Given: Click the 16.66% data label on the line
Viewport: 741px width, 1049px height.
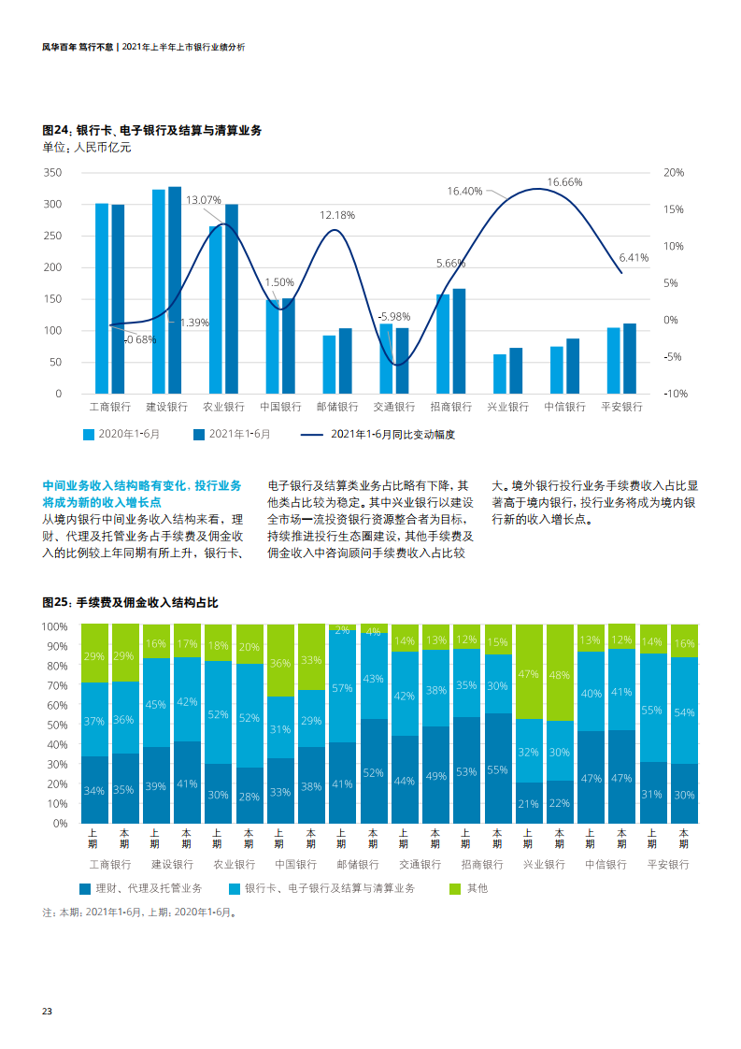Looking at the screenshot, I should point(564,182).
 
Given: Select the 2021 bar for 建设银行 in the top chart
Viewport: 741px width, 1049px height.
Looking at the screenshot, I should point(175,290).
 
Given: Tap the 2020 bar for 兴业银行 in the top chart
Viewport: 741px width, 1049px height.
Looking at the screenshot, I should point(500,373).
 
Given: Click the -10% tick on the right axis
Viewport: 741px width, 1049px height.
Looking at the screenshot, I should point(675,394).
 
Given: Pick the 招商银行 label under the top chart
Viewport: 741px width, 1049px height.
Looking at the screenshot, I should point(451,407).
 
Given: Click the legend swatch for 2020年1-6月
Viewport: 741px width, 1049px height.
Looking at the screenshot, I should point(90,434).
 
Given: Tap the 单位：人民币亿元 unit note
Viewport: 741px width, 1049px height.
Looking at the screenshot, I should point(87,147).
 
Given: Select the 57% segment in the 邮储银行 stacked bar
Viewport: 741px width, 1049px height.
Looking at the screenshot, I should point(342,688).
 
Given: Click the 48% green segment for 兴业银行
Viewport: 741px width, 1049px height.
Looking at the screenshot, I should point(559,674).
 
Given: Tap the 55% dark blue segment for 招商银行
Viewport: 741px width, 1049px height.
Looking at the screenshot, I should point(497,769).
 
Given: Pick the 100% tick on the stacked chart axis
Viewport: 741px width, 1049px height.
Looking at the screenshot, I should point(55,625).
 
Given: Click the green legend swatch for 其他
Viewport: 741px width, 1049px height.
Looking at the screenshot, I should point(456,888).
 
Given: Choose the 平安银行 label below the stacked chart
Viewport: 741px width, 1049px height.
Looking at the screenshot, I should point(668,865).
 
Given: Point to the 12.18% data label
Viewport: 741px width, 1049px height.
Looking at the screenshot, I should point(337,215).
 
